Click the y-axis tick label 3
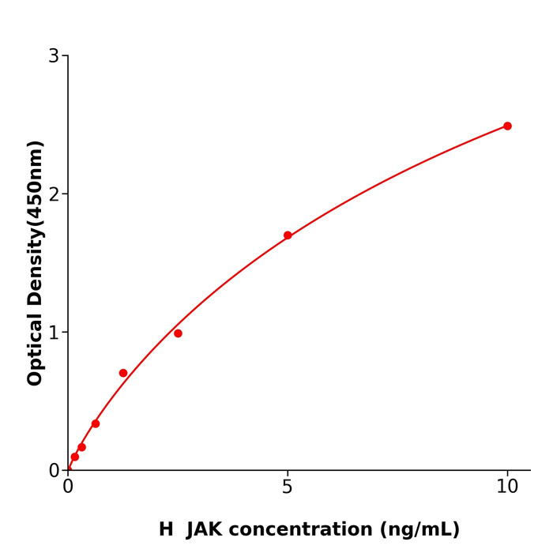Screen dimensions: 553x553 click(54, 56)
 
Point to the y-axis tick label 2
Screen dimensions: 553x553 click(54, 194)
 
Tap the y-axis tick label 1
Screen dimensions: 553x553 click(54, 333)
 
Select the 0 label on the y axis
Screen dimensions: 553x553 click(54, 471)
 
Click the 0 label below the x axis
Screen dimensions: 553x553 click(68, 487)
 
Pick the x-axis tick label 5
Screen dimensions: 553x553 click(288, 487)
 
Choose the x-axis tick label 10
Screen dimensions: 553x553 click(507, 487)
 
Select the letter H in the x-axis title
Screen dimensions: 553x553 click(166, 530)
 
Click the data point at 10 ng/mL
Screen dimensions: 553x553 click(507, 126)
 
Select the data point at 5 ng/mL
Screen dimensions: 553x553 click(288, 235)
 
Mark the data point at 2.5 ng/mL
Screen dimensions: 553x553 click(178, 333)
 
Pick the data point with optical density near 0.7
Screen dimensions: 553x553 click(123, 373)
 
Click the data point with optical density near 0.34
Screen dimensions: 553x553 click(96, 423)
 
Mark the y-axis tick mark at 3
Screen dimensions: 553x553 click(65, 56)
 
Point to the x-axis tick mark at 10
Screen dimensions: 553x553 click(507, 474)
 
